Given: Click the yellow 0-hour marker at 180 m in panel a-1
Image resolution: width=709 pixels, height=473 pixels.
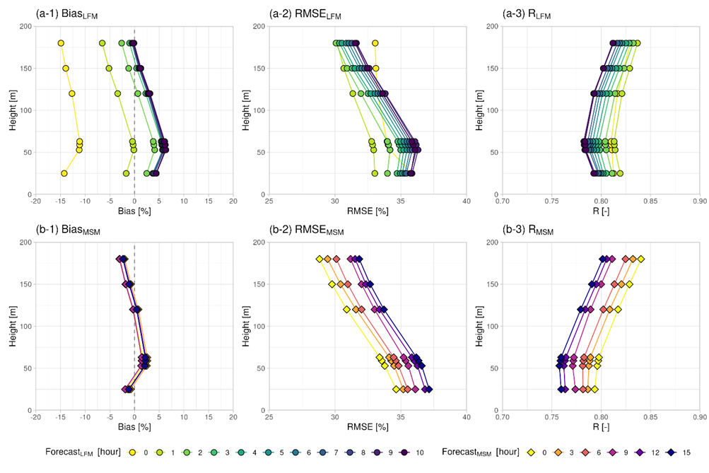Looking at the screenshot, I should point(61,43).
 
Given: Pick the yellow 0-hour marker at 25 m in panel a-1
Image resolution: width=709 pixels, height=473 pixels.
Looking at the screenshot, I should point(64,173).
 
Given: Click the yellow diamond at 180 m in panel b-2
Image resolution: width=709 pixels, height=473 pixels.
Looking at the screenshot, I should point(320,259).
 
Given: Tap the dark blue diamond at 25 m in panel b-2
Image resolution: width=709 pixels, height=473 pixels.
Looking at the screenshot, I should point(428,389).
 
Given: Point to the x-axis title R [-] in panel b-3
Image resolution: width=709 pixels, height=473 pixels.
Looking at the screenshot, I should point(601,427).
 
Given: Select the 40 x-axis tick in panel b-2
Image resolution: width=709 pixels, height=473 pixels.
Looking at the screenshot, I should point(466,417).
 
